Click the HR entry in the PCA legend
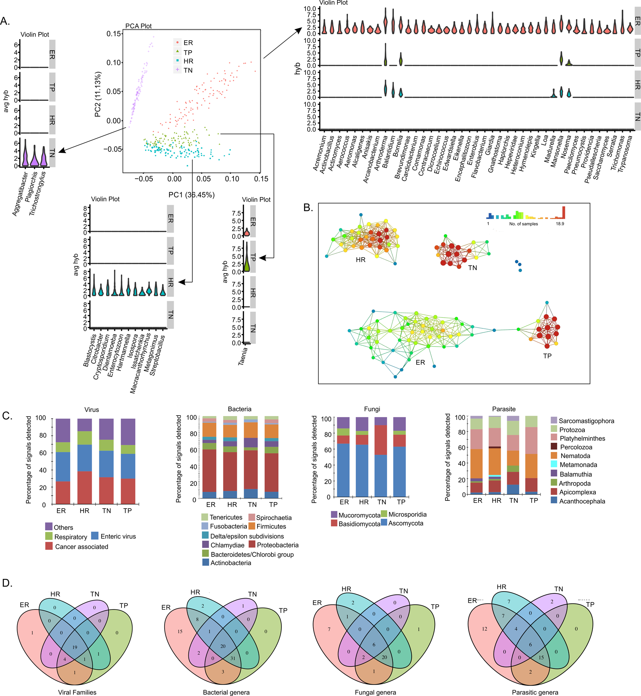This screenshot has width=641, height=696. coord(188,61)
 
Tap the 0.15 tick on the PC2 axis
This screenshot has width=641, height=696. coord(114,34)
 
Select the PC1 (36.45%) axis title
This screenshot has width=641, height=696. coord(191,195)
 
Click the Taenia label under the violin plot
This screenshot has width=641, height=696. coord(243,356)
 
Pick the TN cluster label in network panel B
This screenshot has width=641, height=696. coord(472,268)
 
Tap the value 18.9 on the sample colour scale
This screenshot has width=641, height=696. coord(560,224)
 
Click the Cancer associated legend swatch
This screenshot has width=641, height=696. coord(49,546)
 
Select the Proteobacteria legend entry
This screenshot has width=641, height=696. coord(277,545)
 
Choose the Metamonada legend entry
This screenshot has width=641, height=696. coord(578,464)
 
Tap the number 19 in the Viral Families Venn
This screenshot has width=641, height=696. coord(75,647)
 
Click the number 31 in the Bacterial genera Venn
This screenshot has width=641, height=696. coord(233,658)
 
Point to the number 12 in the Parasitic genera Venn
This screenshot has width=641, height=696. coord(484,629)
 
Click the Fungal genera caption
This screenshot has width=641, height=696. coord(375,692)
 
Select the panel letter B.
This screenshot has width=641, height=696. coord(308,208)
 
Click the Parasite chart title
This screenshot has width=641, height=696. coord(504,409)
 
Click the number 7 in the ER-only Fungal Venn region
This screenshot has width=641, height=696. coord(329,629)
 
